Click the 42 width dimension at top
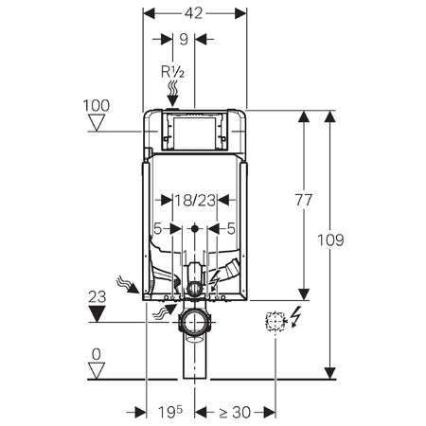click(x=193, y=13)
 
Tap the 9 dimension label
click(x=184, y=40)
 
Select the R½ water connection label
click(x=172, y=72)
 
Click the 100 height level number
click(x=97, y=106)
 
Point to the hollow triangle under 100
click(x=97, y=123)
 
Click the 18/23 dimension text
click(x=195, y=200)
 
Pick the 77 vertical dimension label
click(x=304, y=200)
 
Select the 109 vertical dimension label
click(x=330, y=240)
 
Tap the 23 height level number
click(x=98, y=297)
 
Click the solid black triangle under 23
click(x=97, y=314)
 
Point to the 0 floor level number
click(x=96, y=354)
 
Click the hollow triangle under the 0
click(x=97, y=371)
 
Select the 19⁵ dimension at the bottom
click(x=170, y=412)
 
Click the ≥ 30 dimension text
click(x=235, y=412)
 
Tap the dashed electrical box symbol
click(x=275, y=322)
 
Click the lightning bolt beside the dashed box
click(x=295, y=317)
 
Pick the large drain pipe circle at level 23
click(x=195, y=323)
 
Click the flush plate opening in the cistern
click(x=194, y=130)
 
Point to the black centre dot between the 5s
click(x=195, y=228)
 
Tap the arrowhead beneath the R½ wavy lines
click(x=172, y=101)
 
